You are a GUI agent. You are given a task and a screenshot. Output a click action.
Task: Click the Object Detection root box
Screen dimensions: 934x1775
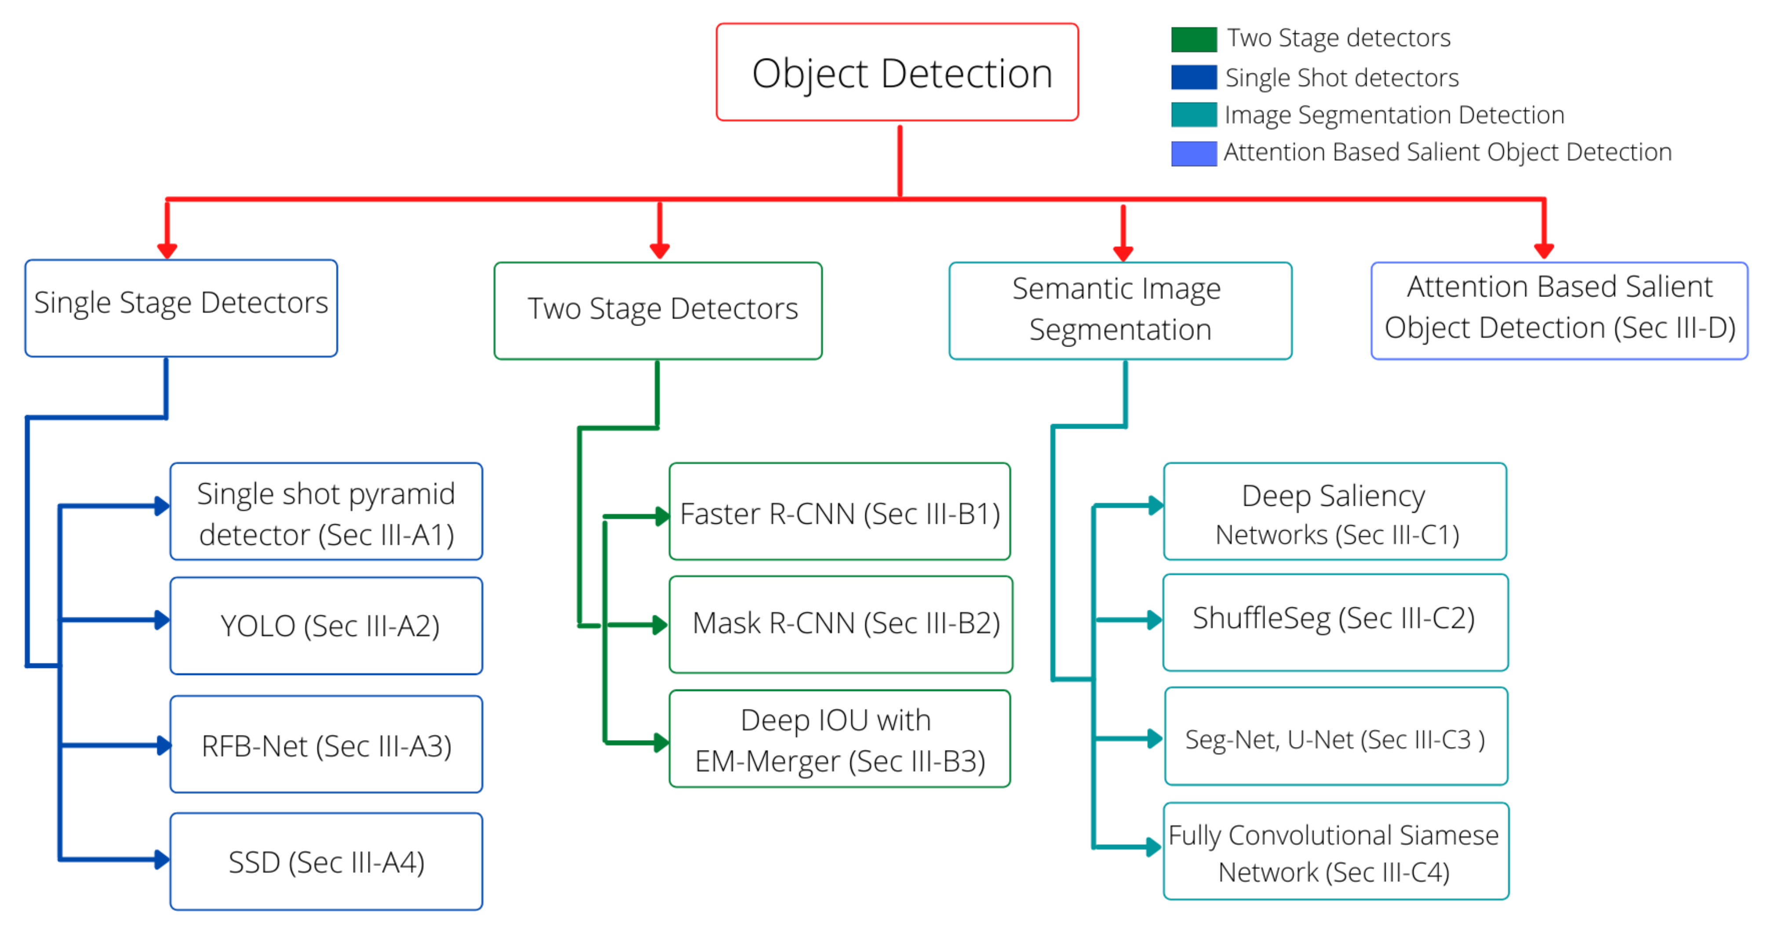pyautogui.click(x=897, y=73)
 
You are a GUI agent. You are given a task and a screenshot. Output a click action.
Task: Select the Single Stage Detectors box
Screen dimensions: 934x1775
pyautogui.click(x=181, y=308)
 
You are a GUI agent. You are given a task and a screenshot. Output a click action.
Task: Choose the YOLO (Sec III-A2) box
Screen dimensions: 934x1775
pyautogui.click(x=327, y=625)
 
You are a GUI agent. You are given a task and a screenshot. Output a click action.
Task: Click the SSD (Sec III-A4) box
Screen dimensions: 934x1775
pyautogui.click(x=327, y=861)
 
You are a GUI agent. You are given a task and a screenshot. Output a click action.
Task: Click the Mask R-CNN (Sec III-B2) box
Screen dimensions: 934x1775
pyautogui.click(x=841, y=624)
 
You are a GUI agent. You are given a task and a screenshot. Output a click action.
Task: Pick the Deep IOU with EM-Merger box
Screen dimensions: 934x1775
pyautogui.click(x=839, y=738)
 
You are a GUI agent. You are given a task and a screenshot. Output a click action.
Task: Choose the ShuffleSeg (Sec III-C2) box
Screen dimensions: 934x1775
pyautogui.click(x=1335, y=622)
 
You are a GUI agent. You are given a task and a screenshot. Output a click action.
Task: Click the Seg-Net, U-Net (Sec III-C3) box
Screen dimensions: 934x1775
pyautogui.click(x=1335, y=736)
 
